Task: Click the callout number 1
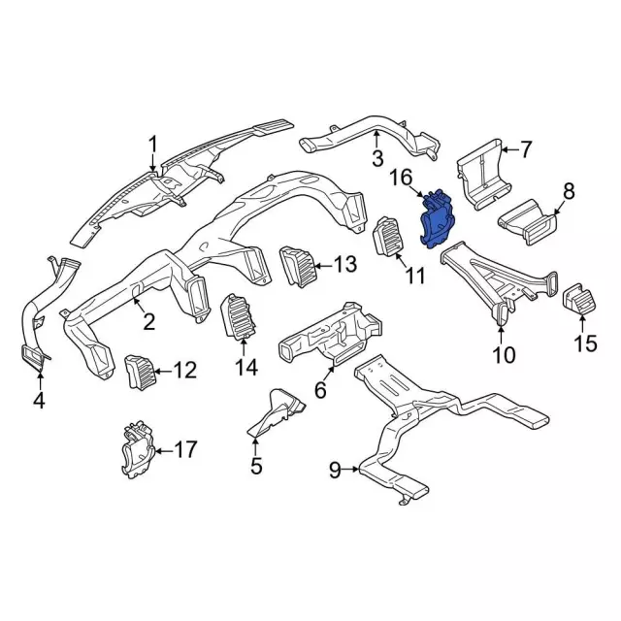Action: click(152, 147)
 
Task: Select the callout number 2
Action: click(149, 321)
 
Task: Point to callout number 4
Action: click(39, 399)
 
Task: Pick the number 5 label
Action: click(256, 466)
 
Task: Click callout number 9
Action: click(335, 471)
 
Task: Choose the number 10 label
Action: click(503, 356)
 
